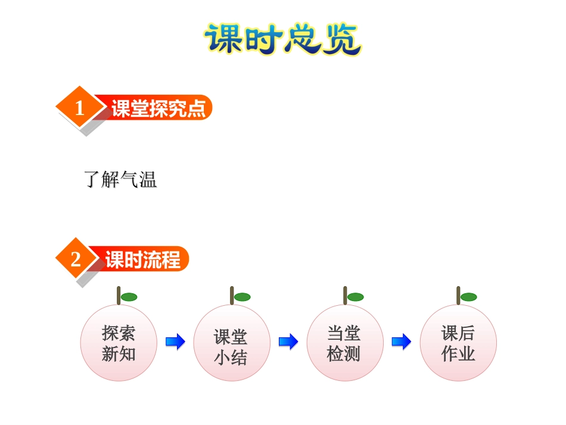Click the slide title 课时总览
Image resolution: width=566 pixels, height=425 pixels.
point(282,39)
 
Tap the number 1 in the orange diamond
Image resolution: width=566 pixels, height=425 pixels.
point(80,108)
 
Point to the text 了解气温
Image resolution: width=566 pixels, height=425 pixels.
point(121,179)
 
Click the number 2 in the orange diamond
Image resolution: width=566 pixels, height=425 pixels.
point(76,260)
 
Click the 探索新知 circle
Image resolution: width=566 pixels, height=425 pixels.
point(119,343)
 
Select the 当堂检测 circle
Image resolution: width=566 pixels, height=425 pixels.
point(344,343)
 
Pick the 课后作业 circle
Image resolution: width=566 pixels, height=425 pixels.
point(458,343)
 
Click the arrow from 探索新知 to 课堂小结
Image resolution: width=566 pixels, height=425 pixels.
point(175,342)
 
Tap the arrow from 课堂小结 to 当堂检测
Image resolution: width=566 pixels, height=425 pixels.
point(288,342)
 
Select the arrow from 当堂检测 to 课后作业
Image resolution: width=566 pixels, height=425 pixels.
point(402,342)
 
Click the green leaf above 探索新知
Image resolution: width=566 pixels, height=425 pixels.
point(129,297)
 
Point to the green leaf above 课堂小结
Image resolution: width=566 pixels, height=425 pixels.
point(242,297)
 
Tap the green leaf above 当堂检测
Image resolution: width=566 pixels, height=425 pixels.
point(355,297)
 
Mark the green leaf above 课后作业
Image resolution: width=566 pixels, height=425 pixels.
point(468,297)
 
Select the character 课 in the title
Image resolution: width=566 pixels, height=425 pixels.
point(224,39)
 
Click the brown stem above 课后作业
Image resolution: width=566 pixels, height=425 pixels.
point(458,295)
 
